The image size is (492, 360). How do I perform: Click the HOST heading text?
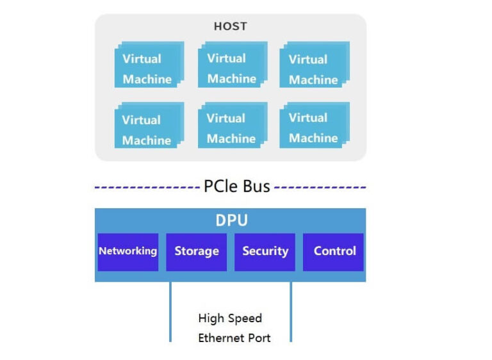coord(230,27)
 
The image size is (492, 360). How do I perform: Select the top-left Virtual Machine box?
coord(148,65)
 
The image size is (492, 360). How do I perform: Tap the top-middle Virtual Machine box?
coord(231,65)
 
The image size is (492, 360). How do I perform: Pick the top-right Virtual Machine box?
coord(313,65)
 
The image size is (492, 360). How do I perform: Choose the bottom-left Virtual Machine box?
coord(148,127)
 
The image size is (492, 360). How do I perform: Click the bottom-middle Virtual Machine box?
coord(231,126)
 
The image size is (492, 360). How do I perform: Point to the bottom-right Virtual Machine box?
coord(313,126)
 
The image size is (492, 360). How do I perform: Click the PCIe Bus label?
coord(236,187)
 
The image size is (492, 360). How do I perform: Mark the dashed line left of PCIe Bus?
coord(147,188)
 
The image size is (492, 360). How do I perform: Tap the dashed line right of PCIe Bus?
coord(320,188)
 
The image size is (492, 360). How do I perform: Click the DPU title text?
coord(231,221)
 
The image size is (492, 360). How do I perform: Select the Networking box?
coord(127,251)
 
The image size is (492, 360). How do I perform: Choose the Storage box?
coord(196,251)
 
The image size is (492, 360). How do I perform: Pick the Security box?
coord(265,251)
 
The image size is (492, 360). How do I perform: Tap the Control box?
coord(334,251)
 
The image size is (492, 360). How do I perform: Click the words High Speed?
coord(230,318)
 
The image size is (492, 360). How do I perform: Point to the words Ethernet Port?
coord(234,338)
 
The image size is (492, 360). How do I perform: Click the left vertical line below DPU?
coord(170,313)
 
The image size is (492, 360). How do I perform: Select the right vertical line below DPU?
coord(291,313)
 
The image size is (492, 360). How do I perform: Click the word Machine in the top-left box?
coord(147,79)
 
